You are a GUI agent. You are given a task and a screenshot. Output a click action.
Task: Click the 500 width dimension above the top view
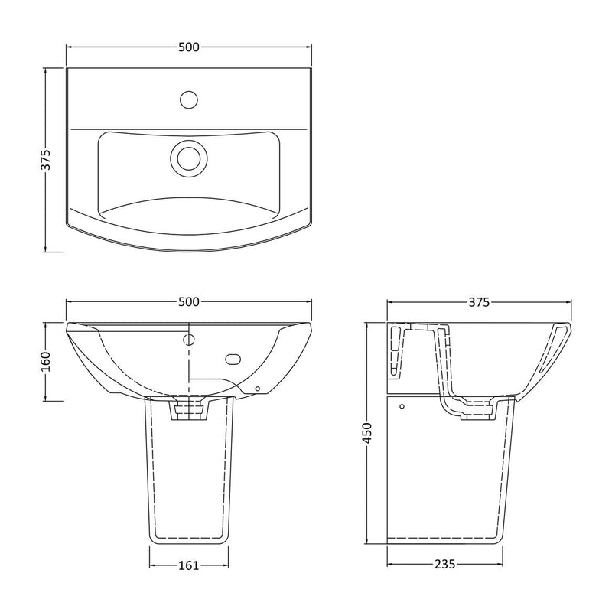tap(189, 47)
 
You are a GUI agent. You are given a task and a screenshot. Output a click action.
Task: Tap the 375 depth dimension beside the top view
tap(46, 160)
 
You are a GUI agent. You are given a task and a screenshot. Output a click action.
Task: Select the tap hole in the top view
tap(189, 99)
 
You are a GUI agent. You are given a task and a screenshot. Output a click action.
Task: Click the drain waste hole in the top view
tap(189, 158)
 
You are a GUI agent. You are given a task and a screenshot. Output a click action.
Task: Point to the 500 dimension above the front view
tap(189, 301)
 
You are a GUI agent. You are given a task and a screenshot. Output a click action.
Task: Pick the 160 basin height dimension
tap(46, 361)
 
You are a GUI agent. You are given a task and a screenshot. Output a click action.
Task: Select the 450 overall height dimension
tap(367, 433)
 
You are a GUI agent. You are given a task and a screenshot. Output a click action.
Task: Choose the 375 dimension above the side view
tap(479, 302)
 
